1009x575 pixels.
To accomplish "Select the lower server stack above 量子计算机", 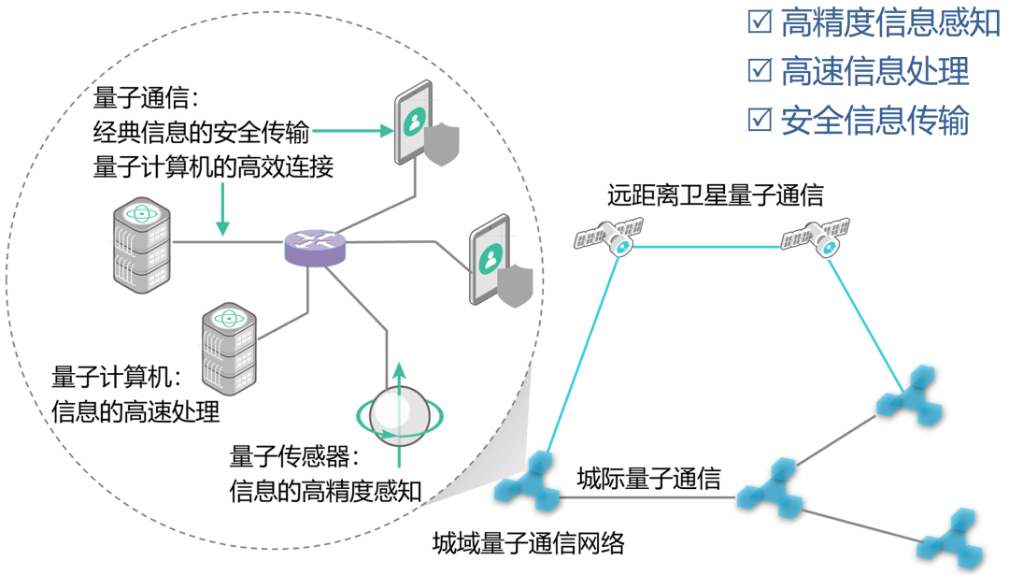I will point(229,348).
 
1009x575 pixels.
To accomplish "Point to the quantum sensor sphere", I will point(398,414).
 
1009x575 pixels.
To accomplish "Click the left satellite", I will point(609,236).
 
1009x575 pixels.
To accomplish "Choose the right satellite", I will point(816,236).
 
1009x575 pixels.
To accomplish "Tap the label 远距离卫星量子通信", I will point(715,195).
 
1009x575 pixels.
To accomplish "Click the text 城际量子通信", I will point(648,479).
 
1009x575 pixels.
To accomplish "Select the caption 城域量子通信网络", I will point(528,542).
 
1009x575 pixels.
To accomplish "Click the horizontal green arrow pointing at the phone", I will point(360,132).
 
